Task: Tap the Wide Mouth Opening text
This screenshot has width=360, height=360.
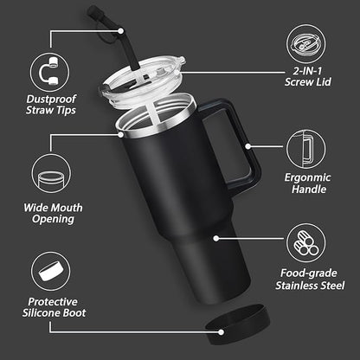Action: [x=49, y=214]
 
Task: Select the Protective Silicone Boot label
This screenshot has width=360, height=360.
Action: [x=49, y=306]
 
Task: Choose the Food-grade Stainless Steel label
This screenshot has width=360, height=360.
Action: [x=309, y=276]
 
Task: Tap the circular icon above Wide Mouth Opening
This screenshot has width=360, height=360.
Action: [x=49, y=177]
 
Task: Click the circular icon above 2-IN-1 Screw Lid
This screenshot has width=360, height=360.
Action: [x=309, y=42]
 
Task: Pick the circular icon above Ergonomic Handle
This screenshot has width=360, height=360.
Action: [x=309, y=147]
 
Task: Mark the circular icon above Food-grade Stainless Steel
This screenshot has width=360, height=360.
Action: [x=309, y=241]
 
